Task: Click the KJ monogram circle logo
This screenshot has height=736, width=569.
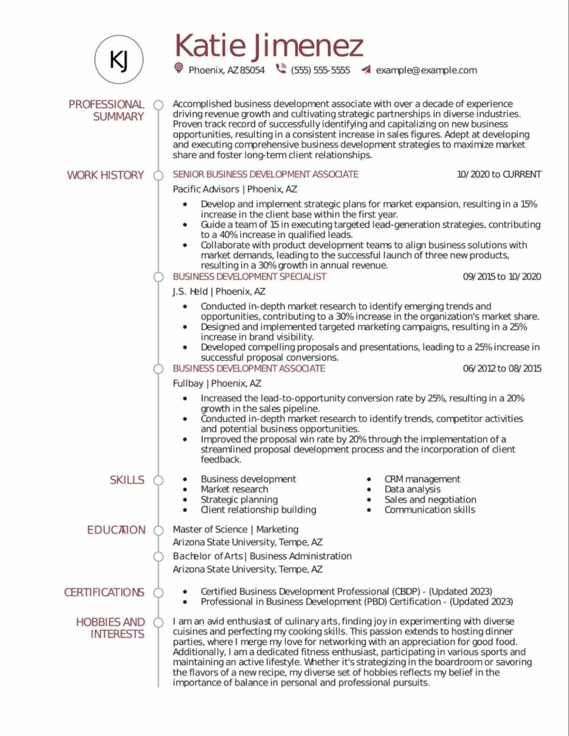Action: click(x=118, y=59)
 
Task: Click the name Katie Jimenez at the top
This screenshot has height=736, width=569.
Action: click(x=269, y=46)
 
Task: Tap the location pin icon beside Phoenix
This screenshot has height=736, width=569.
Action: click(x=178, y=69)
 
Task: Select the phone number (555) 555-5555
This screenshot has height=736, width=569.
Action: click(x=320, y=70)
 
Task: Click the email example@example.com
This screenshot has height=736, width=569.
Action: click(x=426, y=70)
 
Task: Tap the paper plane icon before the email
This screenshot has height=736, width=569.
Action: click(x=366, y=70)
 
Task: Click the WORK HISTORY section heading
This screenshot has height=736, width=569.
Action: click(x=105, y=175)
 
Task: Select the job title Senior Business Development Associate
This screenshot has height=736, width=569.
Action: click(x=265, y=174)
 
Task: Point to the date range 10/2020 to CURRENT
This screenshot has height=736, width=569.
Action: click(x=499, y=174)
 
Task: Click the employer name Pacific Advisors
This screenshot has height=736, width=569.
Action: click(x=206, y=189)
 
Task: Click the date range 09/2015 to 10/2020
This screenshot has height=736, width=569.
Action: click(x=501, y=276)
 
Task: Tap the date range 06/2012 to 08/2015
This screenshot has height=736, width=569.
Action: click(x=501, y=368)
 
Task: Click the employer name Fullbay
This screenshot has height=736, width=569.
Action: click(x=188, y=383)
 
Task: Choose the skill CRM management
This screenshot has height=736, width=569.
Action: click(x=422, y=479)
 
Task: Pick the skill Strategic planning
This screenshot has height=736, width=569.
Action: click(x=239, y=499)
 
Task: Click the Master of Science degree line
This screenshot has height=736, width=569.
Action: click(x=235, y=529)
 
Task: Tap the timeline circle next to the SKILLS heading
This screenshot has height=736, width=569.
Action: click(x=158, y=480)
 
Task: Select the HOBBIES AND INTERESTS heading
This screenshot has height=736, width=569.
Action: click(x=111, y=628)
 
